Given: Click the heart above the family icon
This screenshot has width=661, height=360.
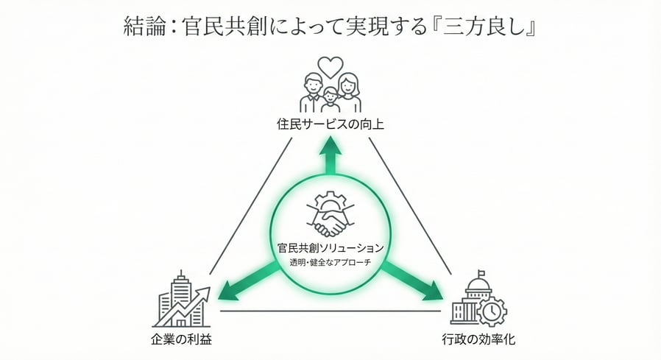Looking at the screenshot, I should (331, 66).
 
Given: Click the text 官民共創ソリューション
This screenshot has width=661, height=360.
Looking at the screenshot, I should (330, 248).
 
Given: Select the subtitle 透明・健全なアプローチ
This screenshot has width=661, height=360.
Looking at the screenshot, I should (330, 263).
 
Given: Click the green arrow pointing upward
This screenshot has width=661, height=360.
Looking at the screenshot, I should (330, 156).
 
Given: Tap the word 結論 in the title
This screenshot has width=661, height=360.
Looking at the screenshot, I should (141, 27).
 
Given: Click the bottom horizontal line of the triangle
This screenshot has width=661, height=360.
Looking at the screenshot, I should (330, 311).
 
